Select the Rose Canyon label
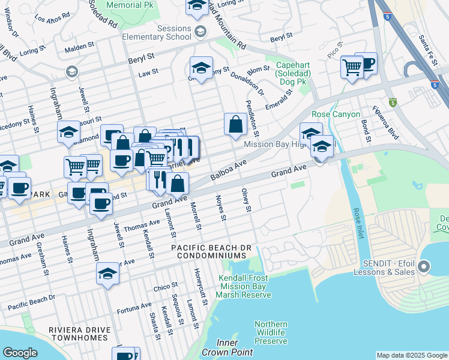click(336, 114)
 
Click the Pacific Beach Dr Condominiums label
click(213, 251)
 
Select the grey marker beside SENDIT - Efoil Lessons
click(425, 266)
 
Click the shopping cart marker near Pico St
click(351, 67)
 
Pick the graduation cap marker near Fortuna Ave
click(107, 274)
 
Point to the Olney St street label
click(246, 200)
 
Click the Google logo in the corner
click(20, 353)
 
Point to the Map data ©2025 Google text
click(411, 355)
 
